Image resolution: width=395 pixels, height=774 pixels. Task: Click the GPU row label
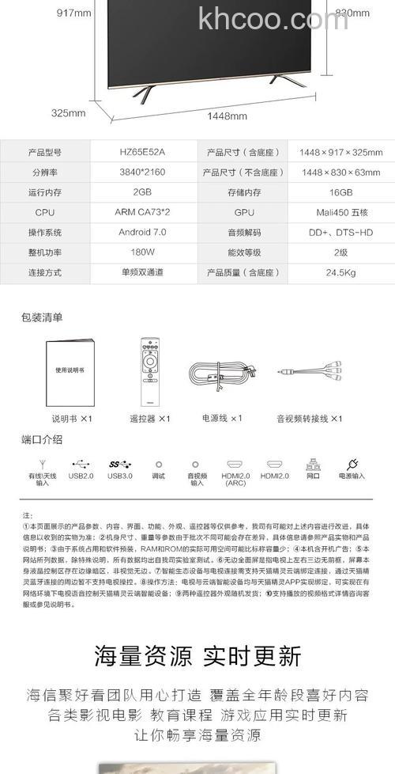[244, 213]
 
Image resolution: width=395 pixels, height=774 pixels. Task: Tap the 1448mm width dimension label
[228, 116]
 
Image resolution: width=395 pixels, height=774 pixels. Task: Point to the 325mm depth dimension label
[68, 112]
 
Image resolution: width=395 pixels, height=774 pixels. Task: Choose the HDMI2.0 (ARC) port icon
[235, 465]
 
